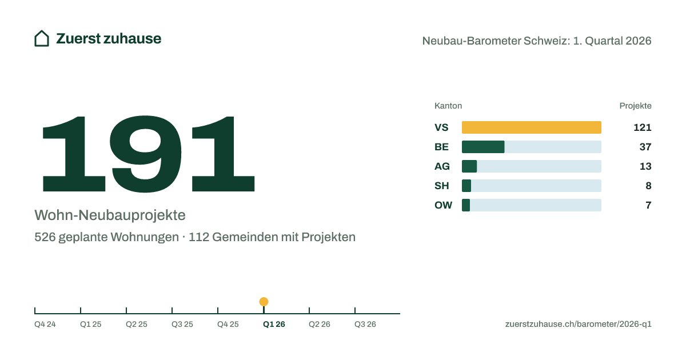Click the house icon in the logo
click(42, 39)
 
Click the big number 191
click(149, 154)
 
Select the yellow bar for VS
click(531, 127)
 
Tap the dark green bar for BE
click(483, 147)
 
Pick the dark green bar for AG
click(469, 166)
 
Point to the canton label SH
click(441, 186)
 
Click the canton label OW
click(443, 205)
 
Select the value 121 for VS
click(642, 127)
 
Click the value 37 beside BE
click(645, 147)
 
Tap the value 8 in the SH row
click(648, 186)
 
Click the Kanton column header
click(448, 106)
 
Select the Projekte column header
click(635, 106)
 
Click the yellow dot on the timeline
click(264, 302)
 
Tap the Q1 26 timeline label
click(274, 324)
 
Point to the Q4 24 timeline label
click(45, 324)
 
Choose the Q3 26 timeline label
click(365, 324)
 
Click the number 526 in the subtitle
click(45, 237)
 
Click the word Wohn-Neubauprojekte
click(110, 215)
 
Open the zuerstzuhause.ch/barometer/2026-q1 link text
click(578, 324)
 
